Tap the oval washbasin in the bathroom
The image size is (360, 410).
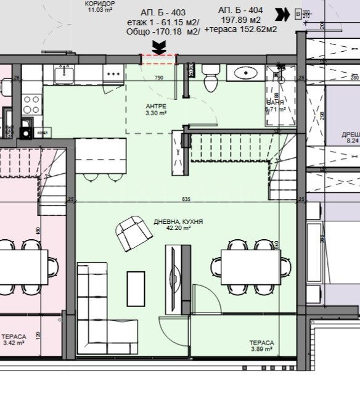245,73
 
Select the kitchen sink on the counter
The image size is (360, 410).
62,75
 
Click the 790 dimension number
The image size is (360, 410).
158,78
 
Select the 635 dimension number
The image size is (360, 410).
187,199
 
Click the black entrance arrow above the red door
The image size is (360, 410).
159,45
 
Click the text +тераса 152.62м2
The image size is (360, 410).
240,30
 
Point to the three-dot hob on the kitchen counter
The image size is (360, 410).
114,73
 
